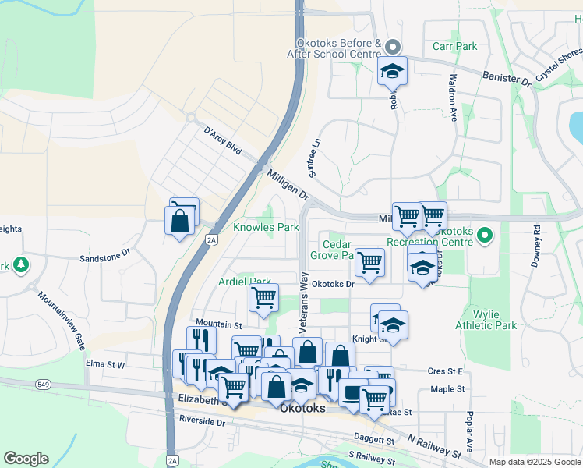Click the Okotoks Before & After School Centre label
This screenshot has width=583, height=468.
coord(339,49)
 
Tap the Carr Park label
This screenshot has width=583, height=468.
coord(454,47)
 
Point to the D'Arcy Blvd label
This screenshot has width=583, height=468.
coord(222,141)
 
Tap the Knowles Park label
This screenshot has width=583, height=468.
coord(267,228)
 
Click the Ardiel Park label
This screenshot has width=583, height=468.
coord(245,282)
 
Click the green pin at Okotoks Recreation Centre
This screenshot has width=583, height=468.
coord(485,234)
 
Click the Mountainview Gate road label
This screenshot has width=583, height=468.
coord(59,319)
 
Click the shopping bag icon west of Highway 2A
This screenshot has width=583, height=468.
coord(179,220)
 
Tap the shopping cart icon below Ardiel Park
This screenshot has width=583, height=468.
coord(263,297)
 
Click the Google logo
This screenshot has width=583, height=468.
coord(26,458)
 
